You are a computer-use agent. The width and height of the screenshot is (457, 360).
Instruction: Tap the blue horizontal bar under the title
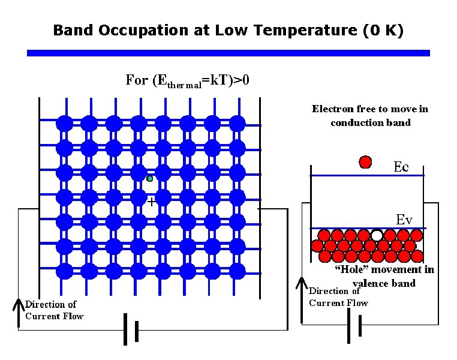click(x=228, y=53)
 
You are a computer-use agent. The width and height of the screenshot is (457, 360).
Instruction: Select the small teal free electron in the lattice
click(x=150, y=178)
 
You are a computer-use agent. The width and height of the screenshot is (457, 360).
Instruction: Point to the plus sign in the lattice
click(x=151, y=202)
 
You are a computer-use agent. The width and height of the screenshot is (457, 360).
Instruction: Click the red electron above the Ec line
click(x=365, y=161)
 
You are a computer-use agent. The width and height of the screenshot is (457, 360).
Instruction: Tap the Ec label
click(x=401, y=167)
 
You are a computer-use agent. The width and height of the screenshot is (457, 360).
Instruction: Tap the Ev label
click(x=404, y=220)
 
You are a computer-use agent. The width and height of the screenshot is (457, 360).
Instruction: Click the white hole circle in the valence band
click(x=377, y=235)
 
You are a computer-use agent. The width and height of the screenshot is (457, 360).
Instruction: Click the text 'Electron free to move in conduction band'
click(x=370, y=115)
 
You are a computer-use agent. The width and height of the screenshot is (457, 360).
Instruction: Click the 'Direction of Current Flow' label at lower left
click(x=54, y=310)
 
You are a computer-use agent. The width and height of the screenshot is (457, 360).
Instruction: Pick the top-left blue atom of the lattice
click(x=64, y=124)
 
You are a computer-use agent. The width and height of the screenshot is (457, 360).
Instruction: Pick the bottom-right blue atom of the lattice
click(x=237, y=271)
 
